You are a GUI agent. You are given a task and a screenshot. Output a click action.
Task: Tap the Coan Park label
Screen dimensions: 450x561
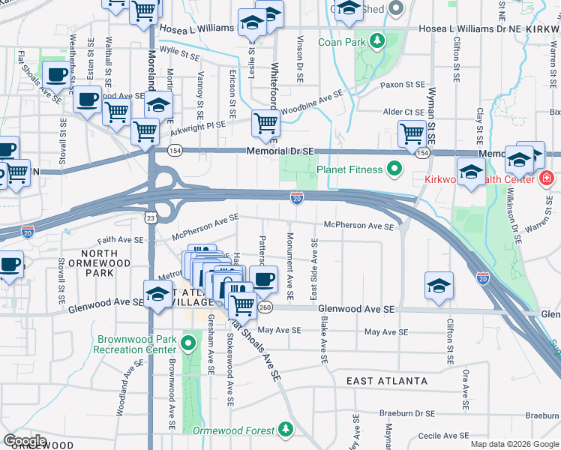point(341,42)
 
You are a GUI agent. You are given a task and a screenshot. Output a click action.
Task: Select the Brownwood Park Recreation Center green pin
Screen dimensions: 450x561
point(188,344)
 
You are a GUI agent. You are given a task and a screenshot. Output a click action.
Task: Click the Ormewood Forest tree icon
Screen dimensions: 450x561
point(285,430)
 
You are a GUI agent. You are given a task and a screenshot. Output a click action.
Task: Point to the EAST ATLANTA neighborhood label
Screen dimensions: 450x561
point(387,381)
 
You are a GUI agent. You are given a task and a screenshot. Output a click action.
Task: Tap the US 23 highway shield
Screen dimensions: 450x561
point(151,217)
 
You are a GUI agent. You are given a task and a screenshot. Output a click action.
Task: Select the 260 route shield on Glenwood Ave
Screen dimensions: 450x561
point(265,307)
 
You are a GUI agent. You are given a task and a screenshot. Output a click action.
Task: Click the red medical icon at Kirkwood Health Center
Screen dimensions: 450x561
point(546,178)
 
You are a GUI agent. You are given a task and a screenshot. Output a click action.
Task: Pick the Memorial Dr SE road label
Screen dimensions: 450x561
point(280,151)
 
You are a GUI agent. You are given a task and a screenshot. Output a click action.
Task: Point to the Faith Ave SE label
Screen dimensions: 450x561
point(119,240)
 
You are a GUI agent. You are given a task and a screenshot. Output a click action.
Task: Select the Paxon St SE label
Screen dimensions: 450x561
point(402,85)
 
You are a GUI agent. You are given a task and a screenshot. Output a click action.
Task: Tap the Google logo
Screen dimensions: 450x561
point(25,441)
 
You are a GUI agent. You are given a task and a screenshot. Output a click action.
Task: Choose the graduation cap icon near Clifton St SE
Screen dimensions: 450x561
point(439,286)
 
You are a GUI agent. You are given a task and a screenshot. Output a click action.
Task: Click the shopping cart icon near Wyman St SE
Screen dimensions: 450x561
point(412,134)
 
